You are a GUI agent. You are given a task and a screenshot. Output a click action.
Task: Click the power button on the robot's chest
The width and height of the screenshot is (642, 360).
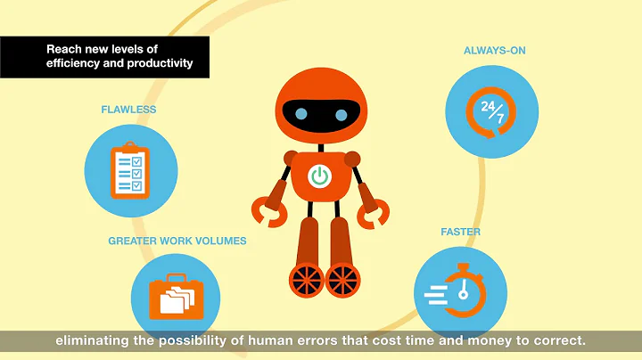(319, 176)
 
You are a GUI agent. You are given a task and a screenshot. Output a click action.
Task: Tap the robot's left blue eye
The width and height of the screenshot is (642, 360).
(302, 113)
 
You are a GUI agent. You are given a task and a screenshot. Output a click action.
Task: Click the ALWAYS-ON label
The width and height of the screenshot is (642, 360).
(494, 50)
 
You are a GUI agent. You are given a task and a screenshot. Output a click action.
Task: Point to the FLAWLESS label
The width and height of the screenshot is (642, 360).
(128, 110)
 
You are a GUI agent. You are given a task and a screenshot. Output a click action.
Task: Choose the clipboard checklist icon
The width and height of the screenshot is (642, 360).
(127, 169)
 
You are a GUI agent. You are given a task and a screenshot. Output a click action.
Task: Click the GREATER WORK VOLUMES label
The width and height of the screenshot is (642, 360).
(177, 241)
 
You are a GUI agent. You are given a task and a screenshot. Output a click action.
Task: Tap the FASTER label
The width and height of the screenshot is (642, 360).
(460, 232)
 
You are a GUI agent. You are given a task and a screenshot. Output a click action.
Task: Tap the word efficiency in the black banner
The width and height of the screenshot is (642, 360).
(77, 64)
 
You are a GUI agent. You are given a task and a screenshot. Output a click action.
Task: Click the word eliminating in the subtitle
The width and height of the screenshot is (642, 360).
(93, 340)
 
